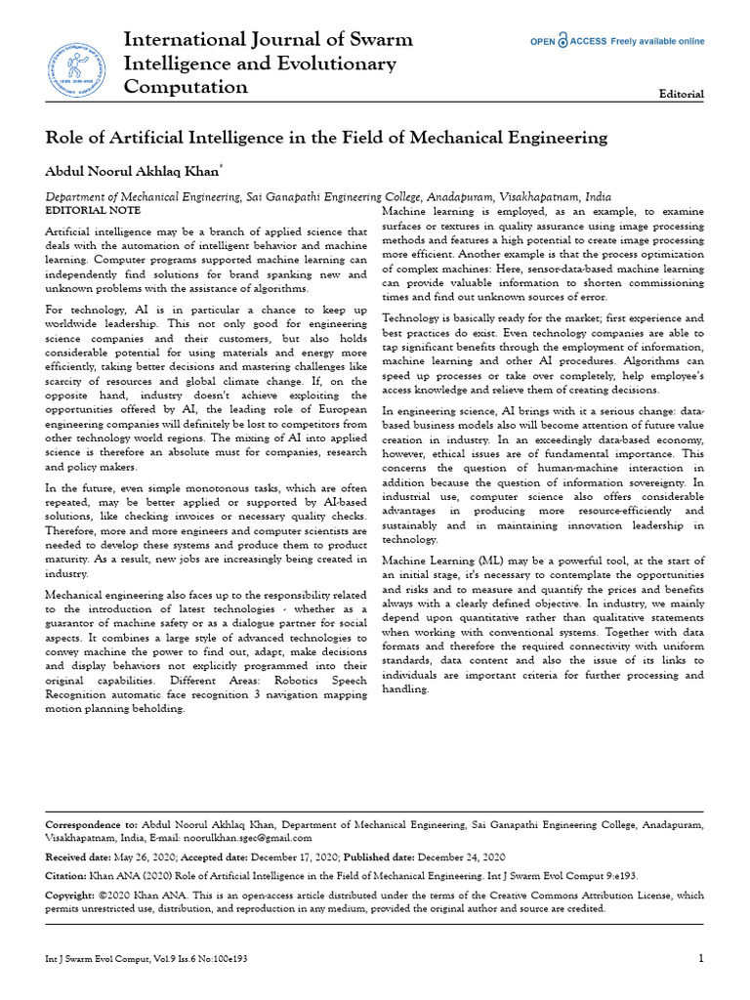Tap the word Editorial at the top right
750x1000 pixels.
(682, 94)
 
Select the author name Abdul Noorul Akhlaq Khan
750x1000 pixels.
(134, 171)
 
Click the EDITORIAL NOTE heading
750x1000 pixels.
(94, 210)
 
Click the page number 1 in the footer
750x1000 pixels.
(700, 959)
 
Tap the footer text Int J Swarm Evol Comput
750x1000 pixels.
(94, 959)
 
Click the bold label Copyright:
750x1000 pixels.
(74, 895)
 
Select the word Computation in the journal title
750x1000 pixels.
(186, 87)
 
